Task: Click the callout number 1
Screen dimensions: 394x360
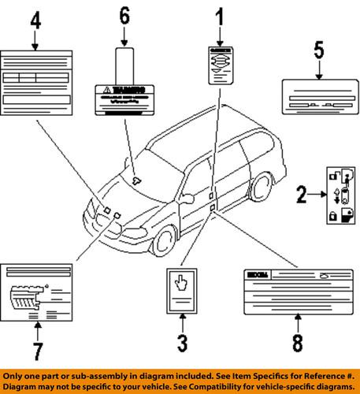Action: click(x=219, y=15)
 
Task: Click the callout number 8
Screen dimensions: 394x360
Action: click(x=298, y=344)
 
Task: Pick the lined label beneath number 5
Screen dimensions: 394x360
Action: click(x=318, y=98)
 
